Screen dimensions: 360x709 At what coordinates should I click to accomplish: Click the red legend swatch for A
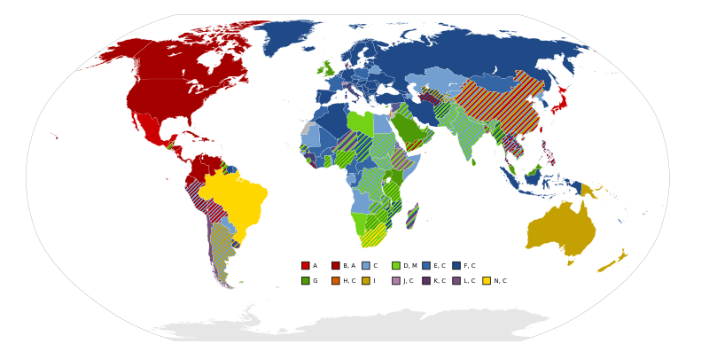click(305, 265)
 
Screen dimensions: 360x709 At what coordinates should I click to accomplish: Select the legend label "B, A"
click(348, 266)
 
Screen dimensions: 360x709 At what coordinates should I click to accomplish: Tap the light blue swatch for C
click(365, 265)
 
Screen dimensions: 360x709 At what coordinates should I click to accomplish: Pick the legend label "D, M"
click(409, 266)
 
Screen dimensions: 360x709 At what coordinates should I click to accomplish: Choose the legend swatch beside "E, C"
click(425, 265)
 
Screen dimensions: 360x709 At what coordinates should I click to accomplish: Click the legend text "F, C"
click(469, 266)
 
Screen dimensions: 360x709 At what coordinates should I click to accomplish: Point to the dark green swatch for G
click(305, 280)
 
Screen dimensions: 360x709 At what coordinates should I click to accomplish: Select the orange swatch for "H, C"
click(335, 280)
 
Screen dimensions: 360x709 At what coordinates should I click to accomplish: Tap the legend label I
click(374, 281)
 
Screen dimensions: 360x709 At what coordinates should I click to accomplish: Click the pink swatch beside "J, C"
click(395, 280)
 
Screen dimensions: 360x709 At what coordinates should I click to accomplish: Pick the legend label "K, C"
click(440, 281)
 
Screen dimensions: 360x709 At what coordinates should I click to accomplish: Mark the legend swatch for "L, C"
click(456, 280)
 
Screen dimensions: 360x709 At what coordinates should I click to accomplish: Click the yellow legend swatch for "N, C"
click(486, 280)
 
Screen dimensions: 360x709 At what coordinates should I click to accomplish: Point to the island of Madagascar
click(412, 215)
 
